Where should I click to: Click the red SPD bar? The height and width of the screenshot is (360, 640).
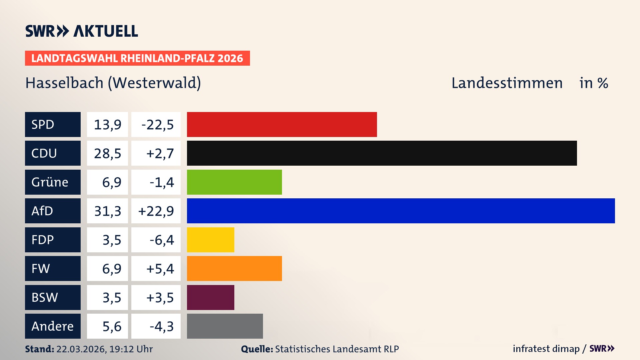click(282, 124)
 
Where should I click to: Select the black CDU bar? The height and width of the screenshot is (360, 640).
click(382, 153)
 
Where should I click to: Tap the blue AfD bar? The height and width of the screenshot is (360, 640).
click(401, 211)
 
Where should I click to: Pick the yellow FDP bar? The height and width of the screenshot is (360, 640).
click(210, 240)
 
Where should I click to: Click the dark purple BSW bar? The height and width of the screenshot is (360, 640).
click(210, 297)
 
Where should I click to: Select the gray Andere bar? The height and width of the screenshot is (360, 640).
click(225, 326)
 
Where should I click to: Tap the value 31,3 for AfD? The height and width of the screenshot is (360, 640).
click(107, 211)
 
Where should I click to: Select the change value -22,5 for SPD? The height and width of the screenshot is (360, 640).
click(157, 125)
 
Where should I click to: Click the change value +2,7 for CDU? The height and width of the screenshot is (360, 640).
click(160, 153)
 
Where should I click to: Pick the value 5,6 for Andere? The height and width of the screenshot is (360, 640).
click(112, 326)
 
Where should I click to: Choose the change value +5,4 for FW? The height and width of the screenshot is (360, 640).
click(160, 269)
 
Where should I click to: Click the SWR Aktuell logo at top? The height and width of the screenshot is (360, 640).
click(81, 31)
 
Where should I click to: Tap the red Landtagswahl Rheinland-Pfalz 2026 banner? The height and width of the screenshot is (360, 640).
click(137, 58)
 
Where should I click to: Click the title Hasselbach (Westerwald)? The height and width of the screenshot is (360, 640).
click(113, 83)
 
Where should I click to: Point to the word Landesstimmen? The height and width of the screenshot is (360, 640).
click(507, 83)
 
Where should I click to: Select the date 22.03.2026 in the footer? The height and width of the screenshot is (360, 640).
click(81, 349)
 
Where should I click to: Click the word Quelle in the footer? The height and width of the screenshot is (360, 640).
click(257, 349)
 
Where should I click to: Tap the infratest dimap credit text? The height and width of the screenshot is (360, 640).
click(546, 349)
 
